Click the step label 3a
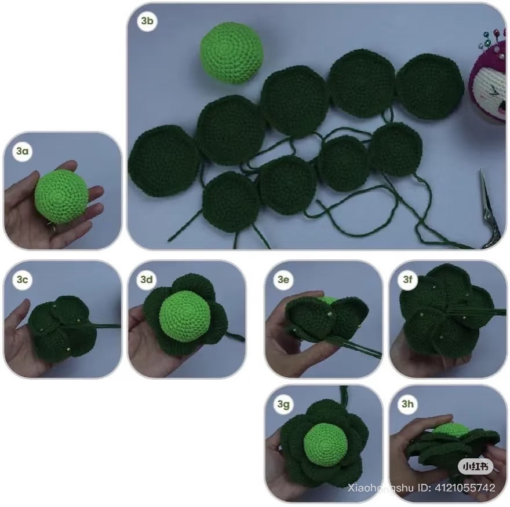point(23,151)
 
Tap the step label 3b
point(147,21)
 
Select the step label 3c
point(23,280)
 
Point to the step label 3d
point(147,280)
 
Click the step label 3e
point(283,280)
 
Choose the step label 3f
point(407,280)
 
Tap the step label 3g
point(283,405)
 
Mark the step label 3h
point(407,404)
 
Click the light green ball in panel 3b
point(231,53)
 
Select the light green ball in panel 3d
point(185,316)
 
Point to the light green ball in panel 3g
point(326,444)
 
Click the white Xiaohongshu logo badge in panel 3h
point(476,466)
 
